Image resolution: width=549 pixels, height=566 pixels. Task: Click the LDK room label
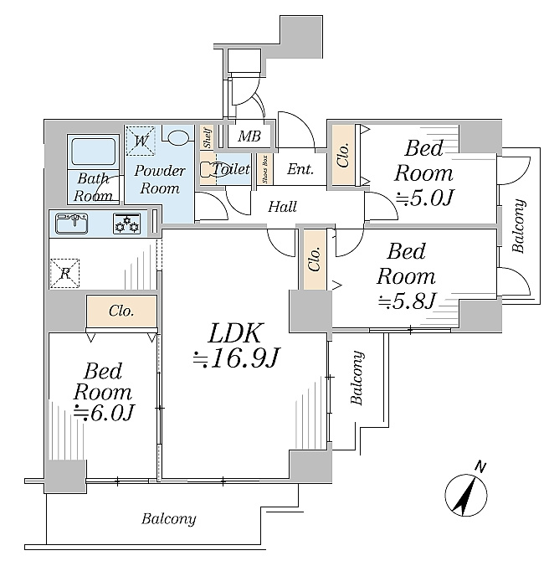point(234,332)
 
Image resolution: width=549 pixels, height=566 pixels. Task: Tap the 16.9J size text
point(236,358)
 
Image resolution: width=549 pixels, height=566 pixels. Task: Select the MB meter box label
point(249,136)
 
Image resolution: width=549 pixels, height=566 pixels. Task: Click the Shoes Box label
point(265,169)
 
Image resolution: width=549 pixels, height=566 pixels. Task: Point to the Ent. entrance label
point(300,169)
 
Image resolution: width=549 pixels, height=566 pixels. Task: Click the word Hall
point(282,207)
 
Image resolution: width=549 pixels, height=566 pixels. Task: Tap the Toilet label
point(231,168)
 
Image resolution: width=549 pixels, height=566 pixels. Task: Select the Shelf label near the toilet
point(207,137)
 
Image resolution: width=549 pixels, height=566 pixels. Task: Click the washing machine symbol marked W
point(141,141)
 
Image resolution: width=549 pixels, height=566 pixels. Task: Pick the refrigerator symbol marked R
point(65,273)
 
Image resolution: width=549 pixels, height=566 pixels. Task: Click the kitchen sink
point(72,224)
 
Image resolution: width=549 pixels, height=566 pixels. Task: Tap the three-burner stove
point(126,224)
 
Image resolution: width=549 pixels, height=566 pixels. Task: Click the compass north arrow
point(467,495)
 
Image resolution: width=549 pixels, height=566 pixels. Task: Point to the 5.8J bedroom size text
point(407,301)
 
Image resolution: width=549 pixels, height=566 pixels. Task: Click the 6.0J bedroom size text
point(103,413)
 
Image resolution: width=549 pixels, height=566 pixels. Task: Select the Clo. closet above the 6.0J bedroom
point(121,311)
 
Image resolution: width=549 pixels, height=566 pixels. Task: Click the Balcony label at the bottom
point(169,519)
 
